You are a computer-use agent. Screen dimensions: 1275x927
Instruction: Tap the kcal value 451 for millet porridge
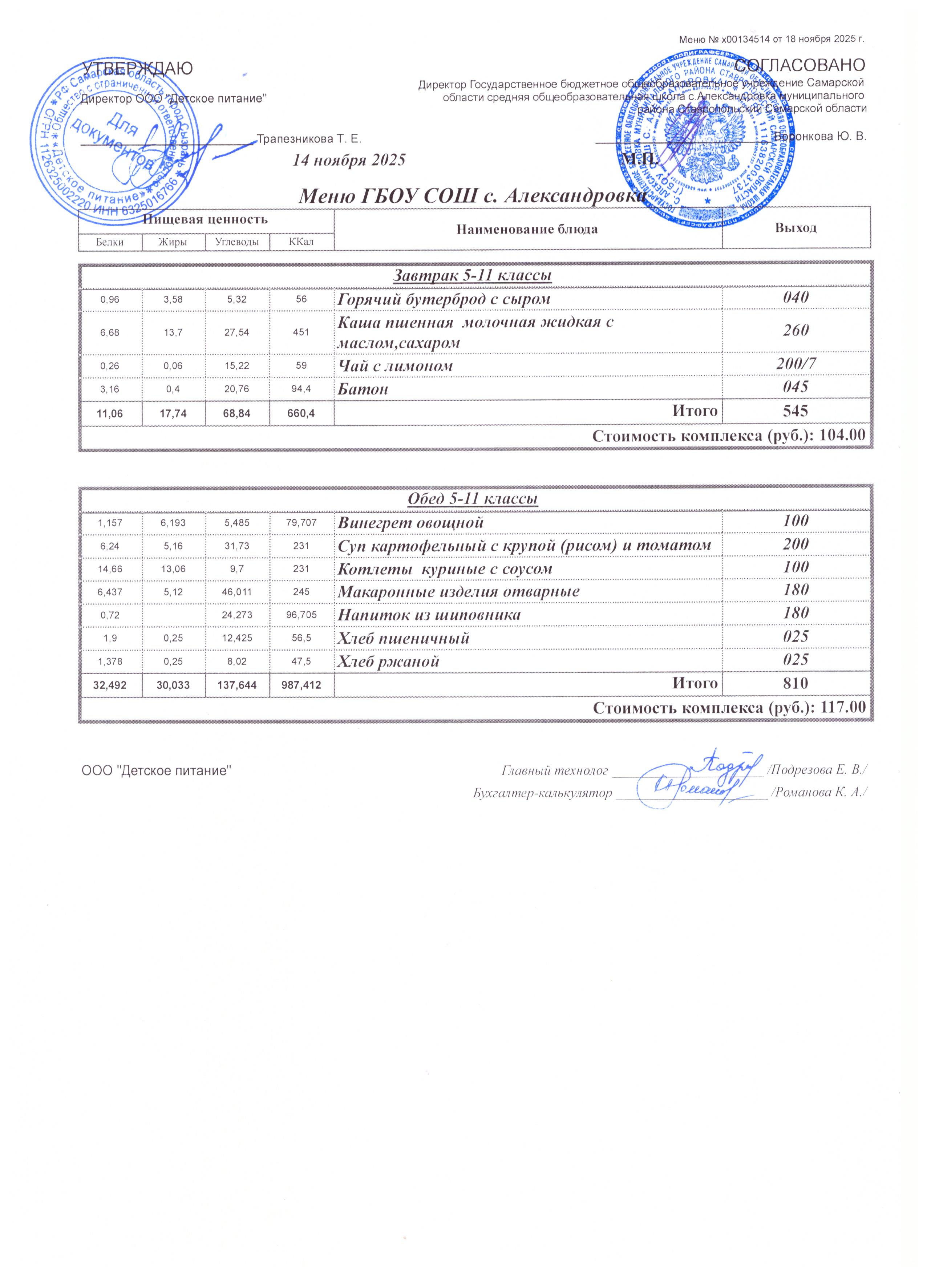click(x=301, y=332)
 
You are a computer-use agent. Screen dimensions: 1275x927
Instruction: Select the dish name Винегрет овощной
click(x=410, y=522)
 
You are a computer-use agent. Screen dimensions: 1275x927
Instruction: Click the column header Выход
click(x=796, y=228)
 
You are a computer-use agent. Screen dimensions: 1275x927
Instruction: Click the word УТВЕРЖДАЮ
click(x=138, y=69)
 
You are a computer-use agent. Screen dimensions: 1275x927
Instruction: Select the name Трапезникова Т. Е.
click(x=309, y=138)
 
